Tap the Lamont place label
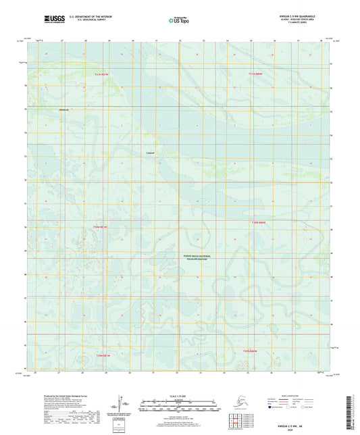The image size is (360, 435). coord(151,153)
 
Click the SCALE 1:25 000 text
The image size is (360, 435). coord(179,394)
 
